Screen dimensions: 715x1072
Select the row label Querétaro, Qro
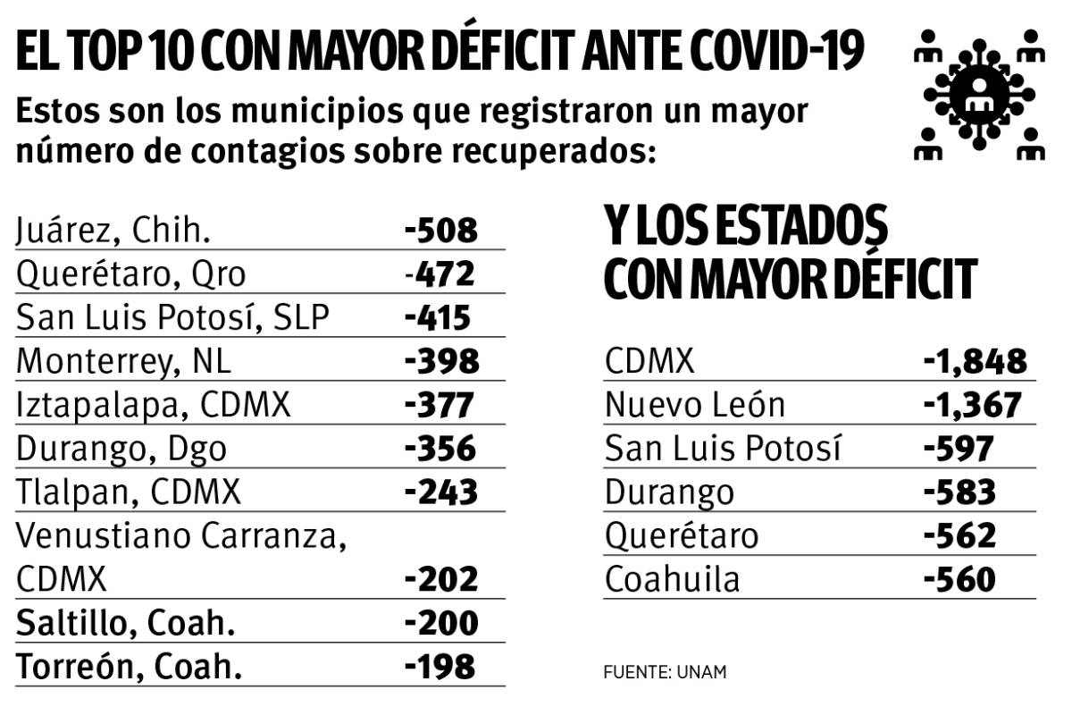pos(130,273)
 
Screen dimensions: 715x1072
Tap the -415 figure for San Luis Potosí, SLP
pos(436,317)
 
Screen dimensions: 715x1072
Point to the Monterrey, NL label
pos(123,361)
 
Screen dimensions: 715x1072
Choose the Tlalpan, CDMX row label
pos(129,492)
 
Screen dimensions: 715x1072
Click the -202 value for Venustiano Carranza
pos(441,579)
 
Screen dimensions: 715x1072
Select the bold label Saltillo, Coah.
pos(125,623)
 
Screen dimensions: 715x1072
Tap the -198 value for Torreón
pos(440,667)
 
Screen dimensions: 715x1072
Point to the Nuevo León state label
pos(694,406)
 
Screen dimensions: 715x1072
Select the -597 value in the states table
pos(958,449)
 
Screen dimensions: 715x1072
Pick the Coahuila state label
pos(672,580)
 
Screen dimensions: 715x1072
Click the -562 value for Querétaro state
pos(959,536)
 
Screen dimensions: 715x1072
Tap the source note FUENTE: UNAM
pos(665,672)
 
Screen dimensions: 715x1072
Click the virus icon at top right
pos(979,93)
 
